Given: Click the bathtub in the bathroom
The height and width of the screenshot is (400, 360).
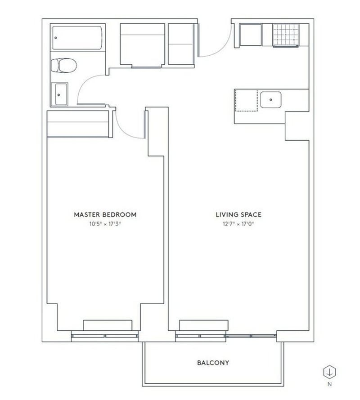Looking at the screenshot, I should click(x=77, y=38).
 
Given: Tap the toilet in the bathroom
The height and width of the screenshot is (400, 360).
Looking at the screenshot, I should click(x=63, y=66).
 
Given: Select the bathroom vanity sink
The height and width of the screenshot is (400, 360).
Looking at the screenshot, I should click(x=59, y=94).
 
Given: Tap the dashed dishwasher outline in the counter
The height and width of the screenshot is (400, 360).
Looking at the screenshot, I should click(x=246, y=100).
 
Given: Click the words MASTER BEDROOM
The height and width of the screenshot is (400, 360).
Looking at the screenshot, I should click(x=105, y=214).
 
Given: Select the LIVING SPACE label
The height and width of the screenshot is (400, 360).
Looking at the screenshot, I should click(x=238, y=214).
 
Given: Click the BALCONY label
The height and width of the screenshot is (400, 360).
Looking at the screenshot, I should click(x=213, y=362).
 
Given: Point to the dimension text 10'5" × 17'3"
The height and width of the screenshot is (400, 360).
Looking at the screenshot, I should click(x=105, y=223).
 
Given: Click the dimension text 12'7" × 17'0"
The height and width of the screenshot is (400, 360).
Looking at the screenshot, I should click(x=238, y=223).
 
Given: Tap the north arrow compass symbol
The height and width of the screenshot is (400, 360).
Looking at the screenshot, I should click(x=330, y=372).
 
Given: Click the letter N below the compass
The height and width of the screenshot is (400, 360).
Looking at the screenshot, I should click(x=330, y=384).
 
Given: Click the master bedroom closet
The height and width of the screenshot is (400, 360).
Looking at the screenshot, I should click(x=78, y=124).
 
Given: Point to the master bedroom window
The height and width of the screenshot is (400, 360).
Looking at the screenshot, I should click(x=105, y=335).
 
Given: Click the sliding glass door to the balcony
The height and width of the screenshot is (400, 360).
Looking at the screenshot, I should click(x=251, y=336).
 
